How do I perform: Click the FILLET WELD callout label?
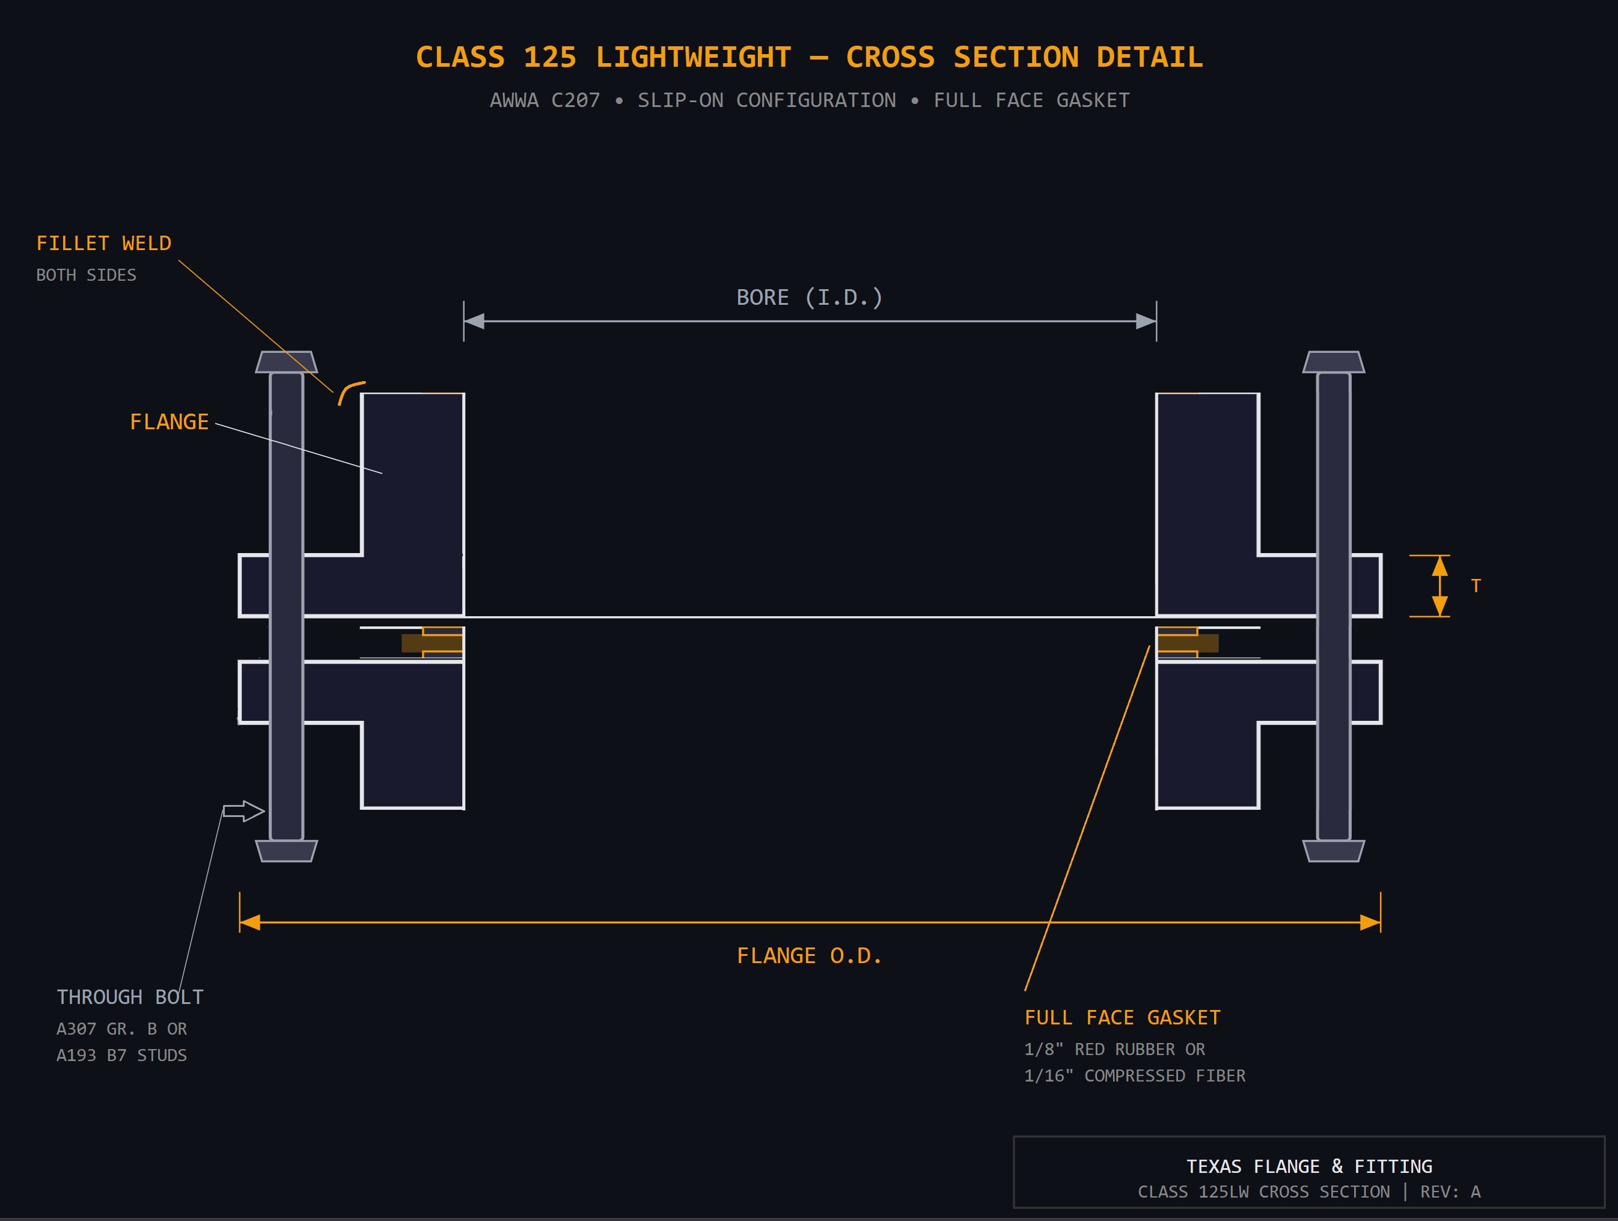click(x=104, y=243)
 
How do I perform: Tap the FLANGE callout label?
click(x=169, y=422)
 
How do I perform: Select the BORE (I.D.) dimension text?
click(x=809, y=298)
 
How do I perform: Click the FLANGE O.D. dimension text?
click(x=809, y=956)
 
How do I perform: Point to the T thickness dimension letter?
click(x=1476, y=586)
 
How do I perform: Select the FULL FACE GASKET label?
click(x=1122, y=1018)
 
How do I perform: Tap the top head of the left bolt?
click(x=286, y=362)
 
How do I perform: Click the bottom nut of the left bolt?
click(x=286, y=851)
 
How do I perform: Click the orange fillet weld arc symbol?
click(x=350, y=391)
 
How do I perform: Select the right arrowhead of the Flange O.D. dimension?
click(x=1370, y=923)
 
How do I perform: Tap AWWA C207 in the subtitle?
click(x=544, y=100)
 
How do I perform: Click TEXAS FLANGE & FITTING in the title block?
click(x=1308, y=1166)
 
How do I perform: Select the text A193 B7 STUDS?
click(x=121, y=1056)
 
